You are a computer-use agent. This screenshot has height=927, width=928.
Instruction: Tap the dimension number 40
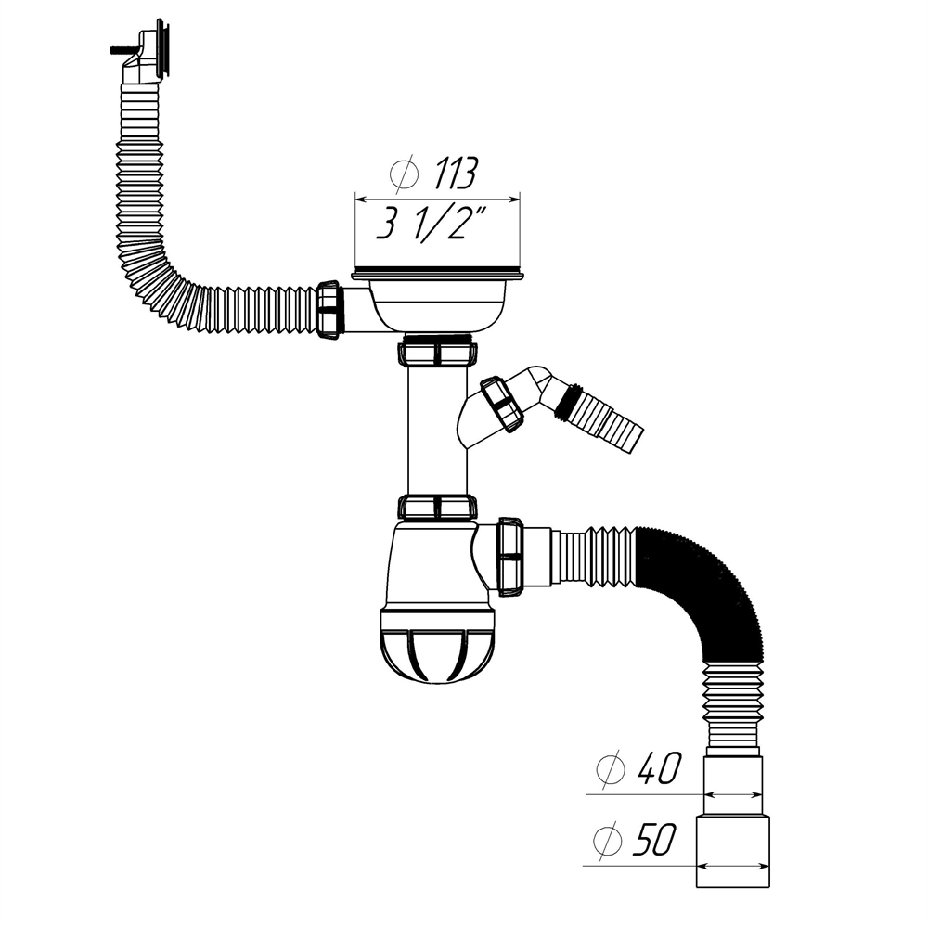click(658, 768)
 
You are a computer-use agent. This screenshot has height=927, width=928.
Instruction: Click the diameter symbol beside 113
click(404, 174)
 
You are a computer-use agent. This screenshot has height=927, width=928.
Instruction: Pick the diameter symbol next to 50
click(610, 843)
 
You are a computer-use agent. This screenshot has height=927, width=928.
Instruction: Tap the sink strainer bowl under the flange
click(437, 303)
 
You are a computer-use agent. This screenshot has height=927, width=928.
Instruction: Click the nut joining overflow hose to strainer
click(329, 309)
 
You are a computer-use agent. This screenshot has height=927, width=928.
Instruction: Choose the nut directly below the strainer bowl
click(437, 354)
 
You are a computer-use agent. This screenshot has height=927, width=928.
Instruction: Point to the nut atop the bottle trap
click(437, 507)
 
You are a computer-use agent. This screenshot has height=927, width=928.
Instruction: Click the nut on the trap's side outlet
click(509, 556)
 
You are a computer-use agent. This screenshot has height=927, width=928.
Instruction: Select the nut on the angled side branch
click(502, 403)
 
